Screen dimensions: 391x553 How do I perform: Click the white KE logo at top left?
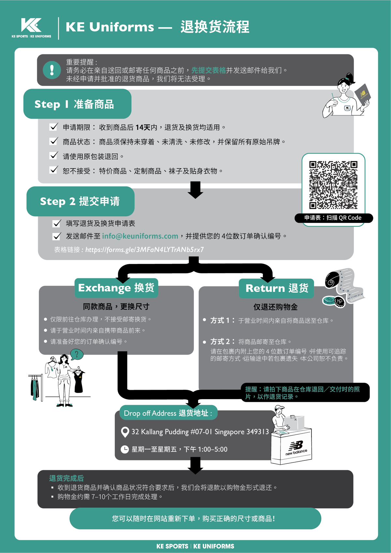coord(31,25)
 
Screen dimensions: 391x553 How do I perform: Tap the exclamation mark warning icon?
coord(52,70)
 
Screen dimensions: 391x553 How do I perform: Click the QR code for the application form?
coord(333,185)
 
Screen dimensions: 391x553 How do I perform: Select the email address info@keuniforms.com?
coord(140,236)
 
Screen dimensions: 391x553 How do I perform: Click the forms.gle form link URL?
coord(145,250)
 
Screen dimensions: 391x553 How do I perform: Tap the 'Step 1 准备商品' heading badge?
coord(77,104)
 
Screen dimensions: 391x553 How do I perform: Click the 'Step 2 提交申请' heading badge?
coord(80,201)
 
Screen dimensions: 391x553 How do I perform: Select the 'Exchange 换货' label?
coord(116,288)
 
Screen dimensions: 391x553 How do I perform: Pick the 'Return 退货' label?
coord(276,288)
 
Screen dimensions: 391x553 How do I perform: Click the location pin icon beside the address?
coord(125,432)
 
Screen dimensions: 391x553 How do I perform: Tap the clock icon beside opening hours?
coord(125,449)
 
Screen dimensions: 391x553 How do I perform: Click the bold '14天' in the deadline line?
coord(143,127)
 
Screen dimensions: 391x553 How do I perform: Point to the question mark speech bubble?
coord(77,355)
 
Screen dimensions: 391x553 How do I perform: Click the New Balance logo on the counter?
coord(296,448)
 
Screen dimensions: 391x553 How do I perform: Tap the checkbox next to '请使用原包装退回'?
coord(53,156)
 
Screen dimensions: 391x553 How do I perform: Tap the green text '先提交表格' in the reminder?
coord(209,70)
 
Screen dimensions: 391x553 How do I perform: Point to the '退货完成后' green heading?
coord(66,478)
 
